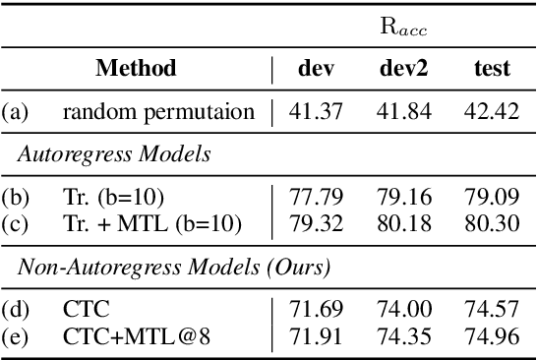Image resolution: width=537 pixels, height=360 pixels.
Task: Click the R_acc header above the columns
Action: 403,27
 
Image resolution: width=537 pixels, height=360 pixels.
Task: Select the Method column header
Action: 136,69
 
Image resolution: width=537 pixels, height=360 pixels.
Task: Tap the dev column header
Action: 316,69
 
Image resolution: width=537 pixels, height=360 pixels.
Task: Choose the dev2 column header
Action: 405,69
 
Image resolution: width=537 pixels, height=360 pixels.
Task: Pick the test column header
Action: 491,69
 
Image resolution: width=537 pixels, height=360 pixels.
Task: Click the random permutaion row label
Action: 165,111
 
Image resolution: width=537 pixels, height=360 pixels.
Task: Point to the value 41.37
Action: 316,111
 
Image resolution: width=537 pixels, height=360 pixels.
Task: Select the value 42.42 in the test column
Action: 493,111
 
